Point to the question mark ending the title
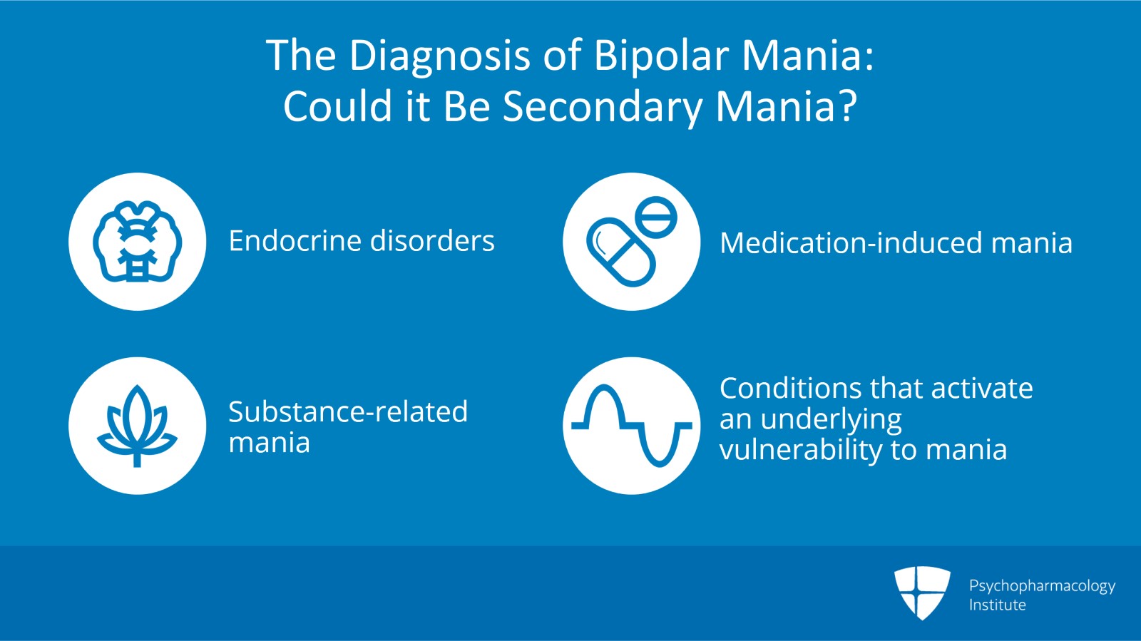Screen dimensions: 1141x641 click(847, 107)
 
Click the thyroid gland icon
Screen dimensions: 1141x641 click(138, 242)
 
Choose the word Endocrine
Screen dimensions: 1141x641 click(295, 241)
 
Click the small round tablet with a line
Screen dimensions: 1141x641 click(656, 217)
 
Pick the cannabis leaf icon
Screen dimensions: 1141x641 click(138, 426)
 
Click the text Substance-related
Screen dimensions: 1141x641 click(348, 412)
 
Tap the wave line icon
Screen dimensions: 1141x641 click(632, 426)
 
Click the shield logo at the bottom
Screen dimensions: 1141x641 click(922, 592)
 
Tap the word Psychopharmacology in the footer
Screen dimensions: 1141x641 click(1042, 586)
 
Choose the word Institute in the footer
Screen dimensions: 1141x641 click(997, 605)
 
